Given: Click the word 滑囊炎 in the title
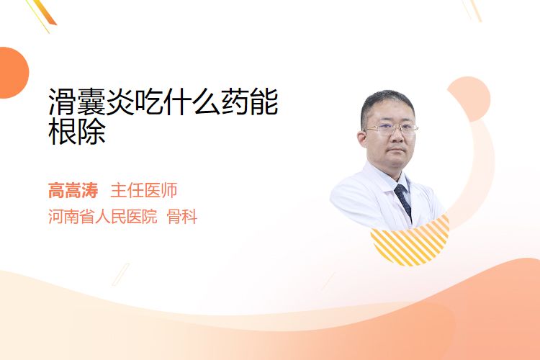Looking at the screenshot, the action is [x=91, y=102].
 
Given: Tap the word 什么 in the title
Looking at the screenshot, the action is [x=192, y=102].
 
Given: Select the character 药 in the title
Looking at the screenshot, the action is [x=235, y=102].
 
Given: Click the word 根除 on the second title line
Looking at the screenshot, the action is [x=77, y=131].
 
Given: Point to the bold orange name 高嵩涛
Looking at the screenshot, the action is [x=73, y=190].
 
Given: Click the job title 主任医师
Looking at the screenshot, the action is [x=144, y=190].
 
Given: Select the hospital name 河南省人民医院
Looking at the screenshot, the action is [x=103, y=217].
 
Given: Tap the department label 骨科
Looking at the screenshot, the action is [x=182, y=217].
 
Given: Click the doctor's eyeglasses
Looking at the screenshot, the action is [x=391, y=129].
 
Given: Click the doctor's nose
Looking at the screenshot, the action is [x=396, y=136].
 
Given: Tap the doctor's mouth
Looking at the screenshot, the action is [x=396, y=150].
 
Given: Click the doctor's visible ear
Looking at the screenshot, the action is [x=362, y=140].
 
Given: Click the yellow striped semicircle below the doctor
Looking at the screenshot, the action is [x=410, y=240].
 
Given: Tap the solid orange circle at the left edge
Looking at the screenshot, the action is [x=13, y=73].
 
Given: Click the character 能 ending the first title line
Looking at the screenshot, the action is [x=264, y=102].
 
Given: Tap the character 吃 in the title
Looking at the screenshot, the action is [x=149, y=102].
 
